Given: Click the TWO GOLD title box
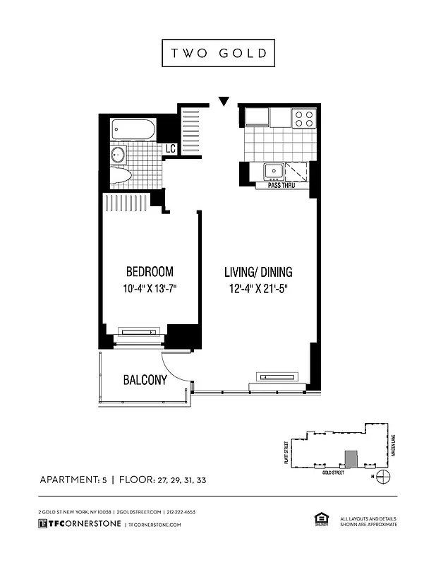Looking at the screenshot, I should [x=218, y=54].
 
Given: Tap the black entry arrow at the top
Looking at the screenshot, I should [x=224, y=102].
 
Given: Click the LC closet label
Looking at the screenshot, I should [x=169, y=149].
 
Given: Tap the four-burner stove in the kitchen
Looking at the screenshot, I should [x=303, y=118].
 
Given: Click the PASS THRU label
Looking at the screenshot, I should [x=281, y=186].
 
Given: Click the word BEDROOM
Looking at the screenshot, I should [x=149, y=272].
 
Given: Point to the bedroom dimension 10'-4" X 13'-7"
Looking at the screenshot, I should [x=149, y=288].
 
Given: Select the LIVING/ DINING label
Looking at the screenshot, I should [x=258, y=272].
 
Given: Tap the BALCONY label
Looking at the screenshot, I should [x=145, y=380].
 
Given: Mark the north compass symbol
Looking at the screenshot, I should [x=384, y=475].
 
